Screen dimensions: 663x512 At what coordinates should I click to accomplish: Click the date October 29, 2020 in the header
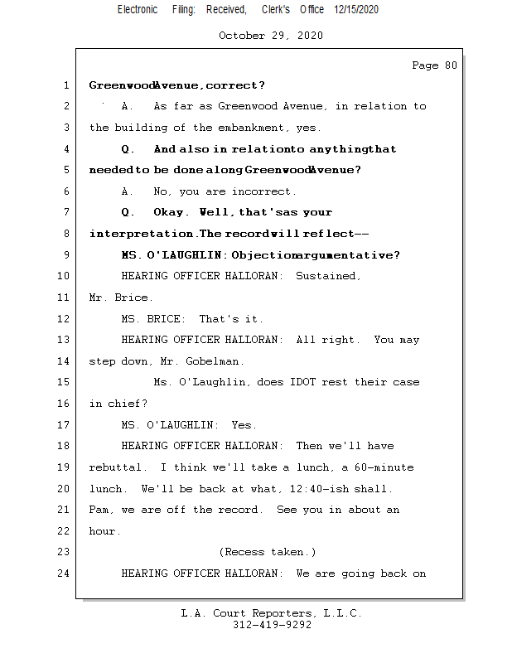(271, 36)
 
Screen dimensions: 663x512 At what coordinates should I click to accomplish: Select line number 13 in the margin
(65, 340)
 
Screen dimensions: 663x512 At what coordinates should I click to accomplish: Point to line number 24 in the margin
(65, 573)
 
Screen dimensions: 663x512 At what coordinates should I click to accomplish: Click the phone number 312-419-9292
(272, 626)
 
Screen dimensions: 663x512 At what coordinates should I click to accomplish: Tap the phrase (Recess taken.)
(268, 552)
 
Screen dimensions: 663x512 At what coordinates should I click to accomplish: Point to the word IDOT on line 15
(326, 382)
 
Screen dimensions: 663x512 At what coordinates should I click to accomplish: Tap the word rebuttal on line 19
(115, 467)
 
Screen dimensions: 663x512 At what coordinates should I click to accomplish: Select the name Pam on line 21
(100, 510)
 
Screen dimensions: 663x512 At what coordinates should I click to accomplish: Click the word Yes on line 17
(244, 425)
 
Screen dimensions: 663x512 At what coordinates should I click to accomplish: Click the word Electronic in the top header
(138, 9)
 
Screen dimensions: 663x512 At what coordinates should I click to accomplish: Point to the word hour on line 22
(105, 531)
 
